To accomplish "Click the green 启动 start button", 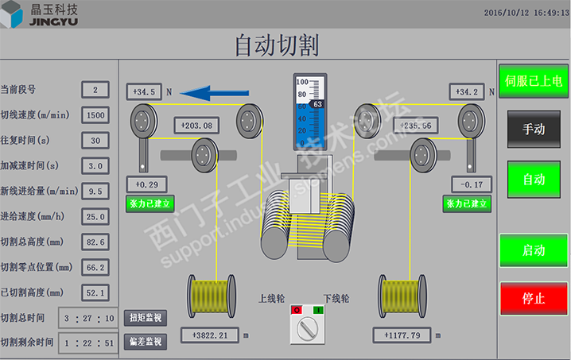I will [x=534, y=250].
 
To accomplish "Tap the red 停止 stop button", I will [x=534, y=299].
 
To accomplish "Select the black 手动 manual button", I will [x=534, y=129].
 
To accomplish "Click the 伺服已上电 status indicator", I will [x=534, y=80].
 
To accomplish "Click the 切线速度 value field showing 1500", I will [x=95, y=115].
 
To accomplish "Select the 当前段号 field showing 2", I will [x=95, y=90].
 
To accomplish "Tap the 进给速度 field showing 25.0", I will [x=95, y=216].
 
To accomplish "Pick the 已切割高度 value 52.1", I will [x=95, y=292].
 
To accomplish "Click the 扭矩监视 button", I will [x=146, y=318].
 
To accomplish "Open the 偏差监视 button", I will [x=146, y=342].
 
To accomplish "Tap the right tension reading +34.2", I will [x=467, y=92].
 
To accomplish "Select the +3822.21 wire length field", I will [x=210, y=335].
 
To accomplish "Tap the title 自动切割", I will [x=276, y=45].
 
